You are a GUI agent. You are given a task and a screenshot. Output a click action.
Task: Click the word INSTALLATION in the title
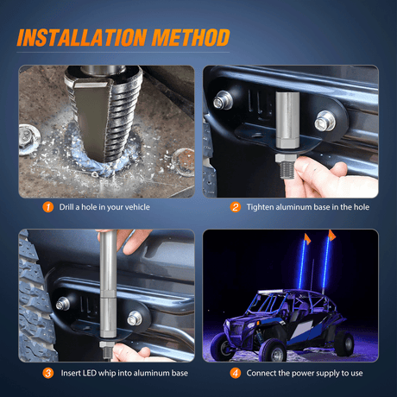(x=82, y=37)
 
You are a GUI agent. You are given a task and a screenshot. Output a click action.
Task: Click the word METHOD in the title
(x=191, y=37)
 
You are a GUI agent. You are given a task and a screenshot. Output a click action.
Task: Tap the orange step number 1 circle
(x=48, y=207)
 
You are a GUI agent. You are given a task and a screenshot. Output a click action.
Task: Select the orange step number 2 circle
(x=236, y=207)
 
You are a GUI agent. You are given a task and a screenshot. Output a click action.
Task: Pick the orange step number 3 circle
(x=48, y=373)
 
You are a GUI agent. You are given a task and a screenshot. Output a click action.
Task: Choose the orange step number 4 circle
(x=236, y=373)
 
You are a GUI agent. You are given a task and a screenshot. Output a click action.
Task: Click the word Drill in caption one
(x=66, y=207)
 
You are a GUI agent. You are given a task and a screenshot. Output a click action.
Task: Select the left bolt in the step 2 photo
(x=223, y=100)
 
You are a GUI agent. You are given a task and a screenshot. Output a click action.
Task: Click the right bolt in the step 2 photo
(x=325, y=121)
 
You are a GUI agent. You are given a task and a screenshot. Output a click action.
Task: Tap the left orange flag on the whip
(x=306, y=238)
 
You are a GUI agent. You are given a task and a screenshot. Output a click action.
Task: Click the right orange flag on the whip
(x=331, y=235)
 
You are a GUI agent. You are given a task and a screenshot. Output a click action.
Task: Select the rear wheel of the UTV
(x=344, y=343)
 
